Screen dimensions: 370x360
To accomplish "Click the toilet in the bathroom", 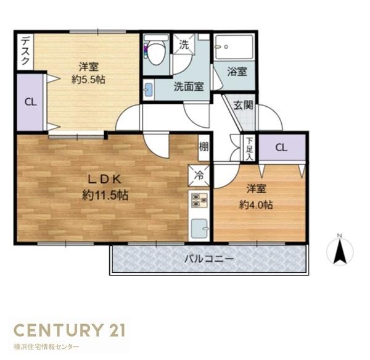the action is tap(156, 51).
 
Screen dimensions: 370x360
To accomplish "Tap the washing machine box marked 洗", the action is tap(184, 44).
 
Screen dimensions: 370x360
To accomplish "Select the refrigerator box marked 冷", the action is tap(199, 176).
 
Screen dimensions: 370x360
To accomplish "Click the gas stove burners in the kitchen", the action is tap(199, 200).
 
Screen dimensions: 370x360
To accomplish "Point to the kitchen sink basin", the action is tap(199, 228).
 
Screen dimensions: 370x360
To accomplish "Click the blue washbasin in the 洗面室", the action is tap(149, 90).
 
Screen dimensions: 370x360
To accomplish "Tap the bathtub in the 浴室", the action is tap(234, 47).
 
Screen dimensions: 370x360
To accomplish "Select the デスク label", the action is tap(25, 51).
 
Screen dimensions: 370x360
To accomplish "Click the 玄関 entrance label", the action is tap(244, 106).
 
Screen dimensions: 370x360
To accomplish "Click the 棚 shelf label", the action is tap(203, 147).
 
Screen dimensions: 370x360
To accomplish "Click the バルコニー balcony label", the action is tap(209, 259).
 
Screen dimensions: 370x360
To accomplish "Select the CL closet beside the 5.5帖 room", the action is tap(31, 103).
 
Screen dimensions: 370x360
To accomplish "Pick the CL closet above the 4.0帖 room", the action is tap(282, 148).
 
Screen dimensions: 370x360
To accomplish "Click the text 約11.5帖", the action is tap(105, 195).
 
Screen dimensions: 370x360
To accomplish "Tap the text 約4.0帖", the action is tap(256, 204).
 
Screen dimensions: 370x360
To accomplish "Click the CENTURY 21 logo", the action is tap(70, 330).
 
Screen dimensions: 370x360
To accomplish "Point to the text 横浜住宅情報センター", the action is tap(46, 347).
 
